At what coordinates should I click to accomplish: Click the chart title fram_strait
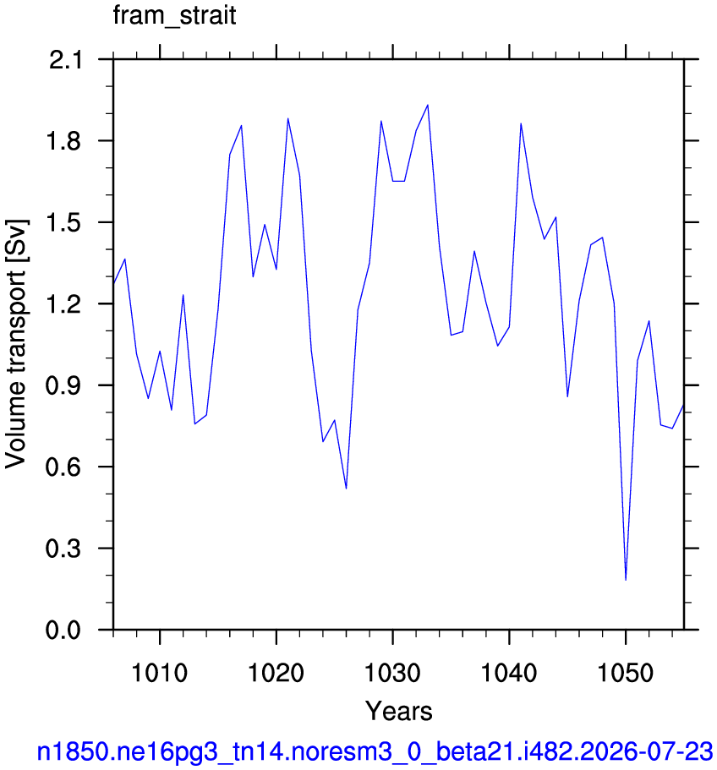[x=174, y=16]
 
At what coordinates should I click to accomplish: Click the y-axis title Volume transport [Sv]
[x=16, y=344]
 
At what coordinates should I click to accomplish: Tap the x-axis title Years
[x=398, y=711]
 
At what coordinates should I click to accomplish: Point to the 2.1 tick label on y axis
[x=65, y=60]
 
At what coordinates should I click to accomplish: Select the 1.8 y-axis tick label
[x=63, y=141]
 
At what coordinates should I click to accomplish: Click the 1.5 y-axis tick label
[x=63, y=222]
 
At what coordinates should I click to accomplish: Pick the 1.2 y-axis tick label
[x=63, y=304]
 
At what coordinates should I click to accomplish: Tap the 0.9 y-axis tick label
[x=63, y=385]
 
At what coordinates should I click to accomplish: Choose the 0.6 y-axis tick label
[x=63, y=467]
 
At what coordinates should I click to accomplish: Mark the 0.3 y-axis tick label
[x=63, y=548]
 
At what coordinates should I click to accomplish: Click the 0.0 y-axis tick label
[x=63, y=630]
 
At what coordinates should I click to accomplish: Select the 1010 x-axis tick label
[x=160, y=673]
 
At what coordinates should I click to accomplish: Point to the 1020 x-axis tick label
[x=276, y=673]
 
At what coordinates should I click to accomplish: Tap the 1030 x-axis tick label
[x=392, y=673]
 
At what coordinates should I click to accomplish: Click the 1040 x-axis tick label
[x=509, y=673]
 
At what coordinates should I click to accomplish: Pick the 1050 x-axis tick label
[x=625, y=673]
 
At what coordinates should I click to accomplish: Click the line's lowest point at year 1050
[x=626, y=580]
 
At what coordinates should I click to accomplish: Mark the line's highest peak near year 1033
[x=428, y=105]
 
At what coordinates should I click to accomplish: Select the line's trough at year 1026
[x=346, y=489]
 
